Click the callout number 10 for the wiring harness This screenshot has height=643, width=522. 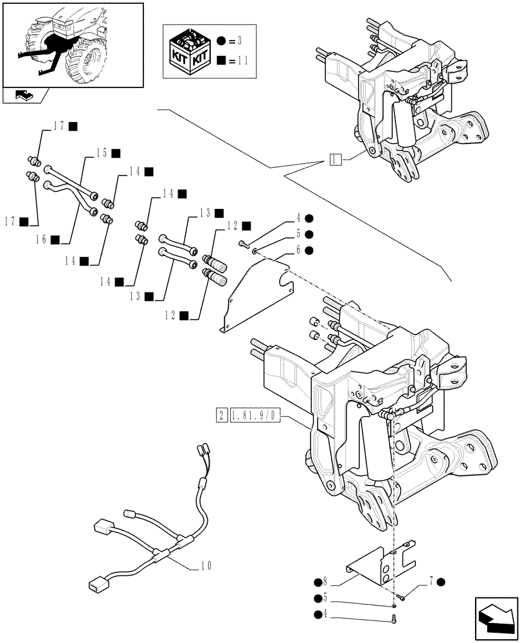[x=206, y=566]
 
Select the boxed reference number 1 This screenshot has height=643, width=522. [x=334, y=159]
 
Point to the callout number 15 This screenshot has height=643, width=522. [x=101, y=153]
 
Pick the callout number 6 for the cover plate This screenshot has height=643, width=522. [x=299, y=249]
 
